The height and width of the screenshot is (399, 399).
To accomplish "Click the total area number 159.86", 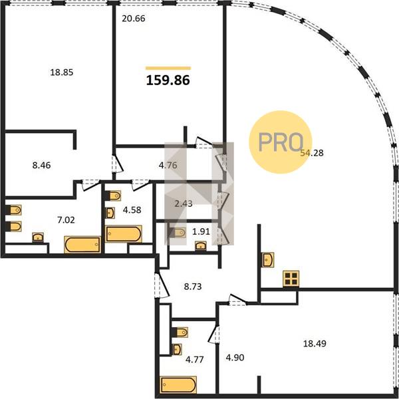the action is click(168, 80).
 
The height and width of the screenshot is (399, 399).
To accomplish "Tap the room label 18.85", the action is click(62, 72).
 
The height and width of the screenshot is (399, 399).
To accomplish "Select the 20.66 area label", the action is click(134, 19).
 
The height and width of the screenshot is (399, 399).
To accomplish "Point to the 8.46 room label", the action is click(41, 165).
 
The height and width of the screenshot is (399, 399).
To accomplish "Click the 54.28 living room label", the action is click(312, 153).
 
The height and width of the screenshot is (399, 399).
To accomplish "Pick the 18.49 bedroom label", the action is click(315, 344).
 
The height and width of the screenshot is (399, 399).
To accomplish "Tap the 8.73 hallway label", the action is click(193, 287).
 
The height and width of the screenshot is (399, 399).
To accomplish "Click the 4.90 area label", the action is click(235, 358).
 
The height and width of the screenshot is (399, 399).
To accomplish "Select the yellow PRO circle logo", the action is click(281, 142).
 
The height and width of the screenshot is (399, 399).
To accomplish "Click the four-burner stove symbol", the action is click(291, 279).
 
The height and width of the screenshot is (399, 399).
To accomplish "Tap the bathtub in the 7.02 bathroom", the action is click(82, 245).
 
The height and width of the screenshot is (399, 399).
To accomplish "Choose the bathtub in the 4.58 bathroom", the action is click(124, 234).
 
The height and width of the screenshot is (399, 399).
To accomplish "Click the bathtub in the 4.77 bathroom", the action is click(178, 385).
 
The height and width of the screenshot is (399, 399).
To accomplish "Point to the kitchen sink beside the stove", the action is click(268, 260).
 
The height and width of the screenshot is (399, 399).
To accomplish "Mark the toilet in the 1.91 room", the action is click(177, 233).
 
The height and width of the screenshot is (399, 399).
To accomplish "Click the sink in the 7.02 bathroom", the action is click(38, 237).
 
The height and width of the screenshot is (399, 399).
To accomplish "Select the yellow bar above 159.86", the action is click(168, 68).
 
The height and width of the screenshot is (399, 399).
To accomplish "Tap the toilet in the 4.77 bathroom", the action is click(180, 332).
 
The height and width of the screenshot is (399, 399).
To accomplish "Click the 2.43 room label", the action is click(184, 203).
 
